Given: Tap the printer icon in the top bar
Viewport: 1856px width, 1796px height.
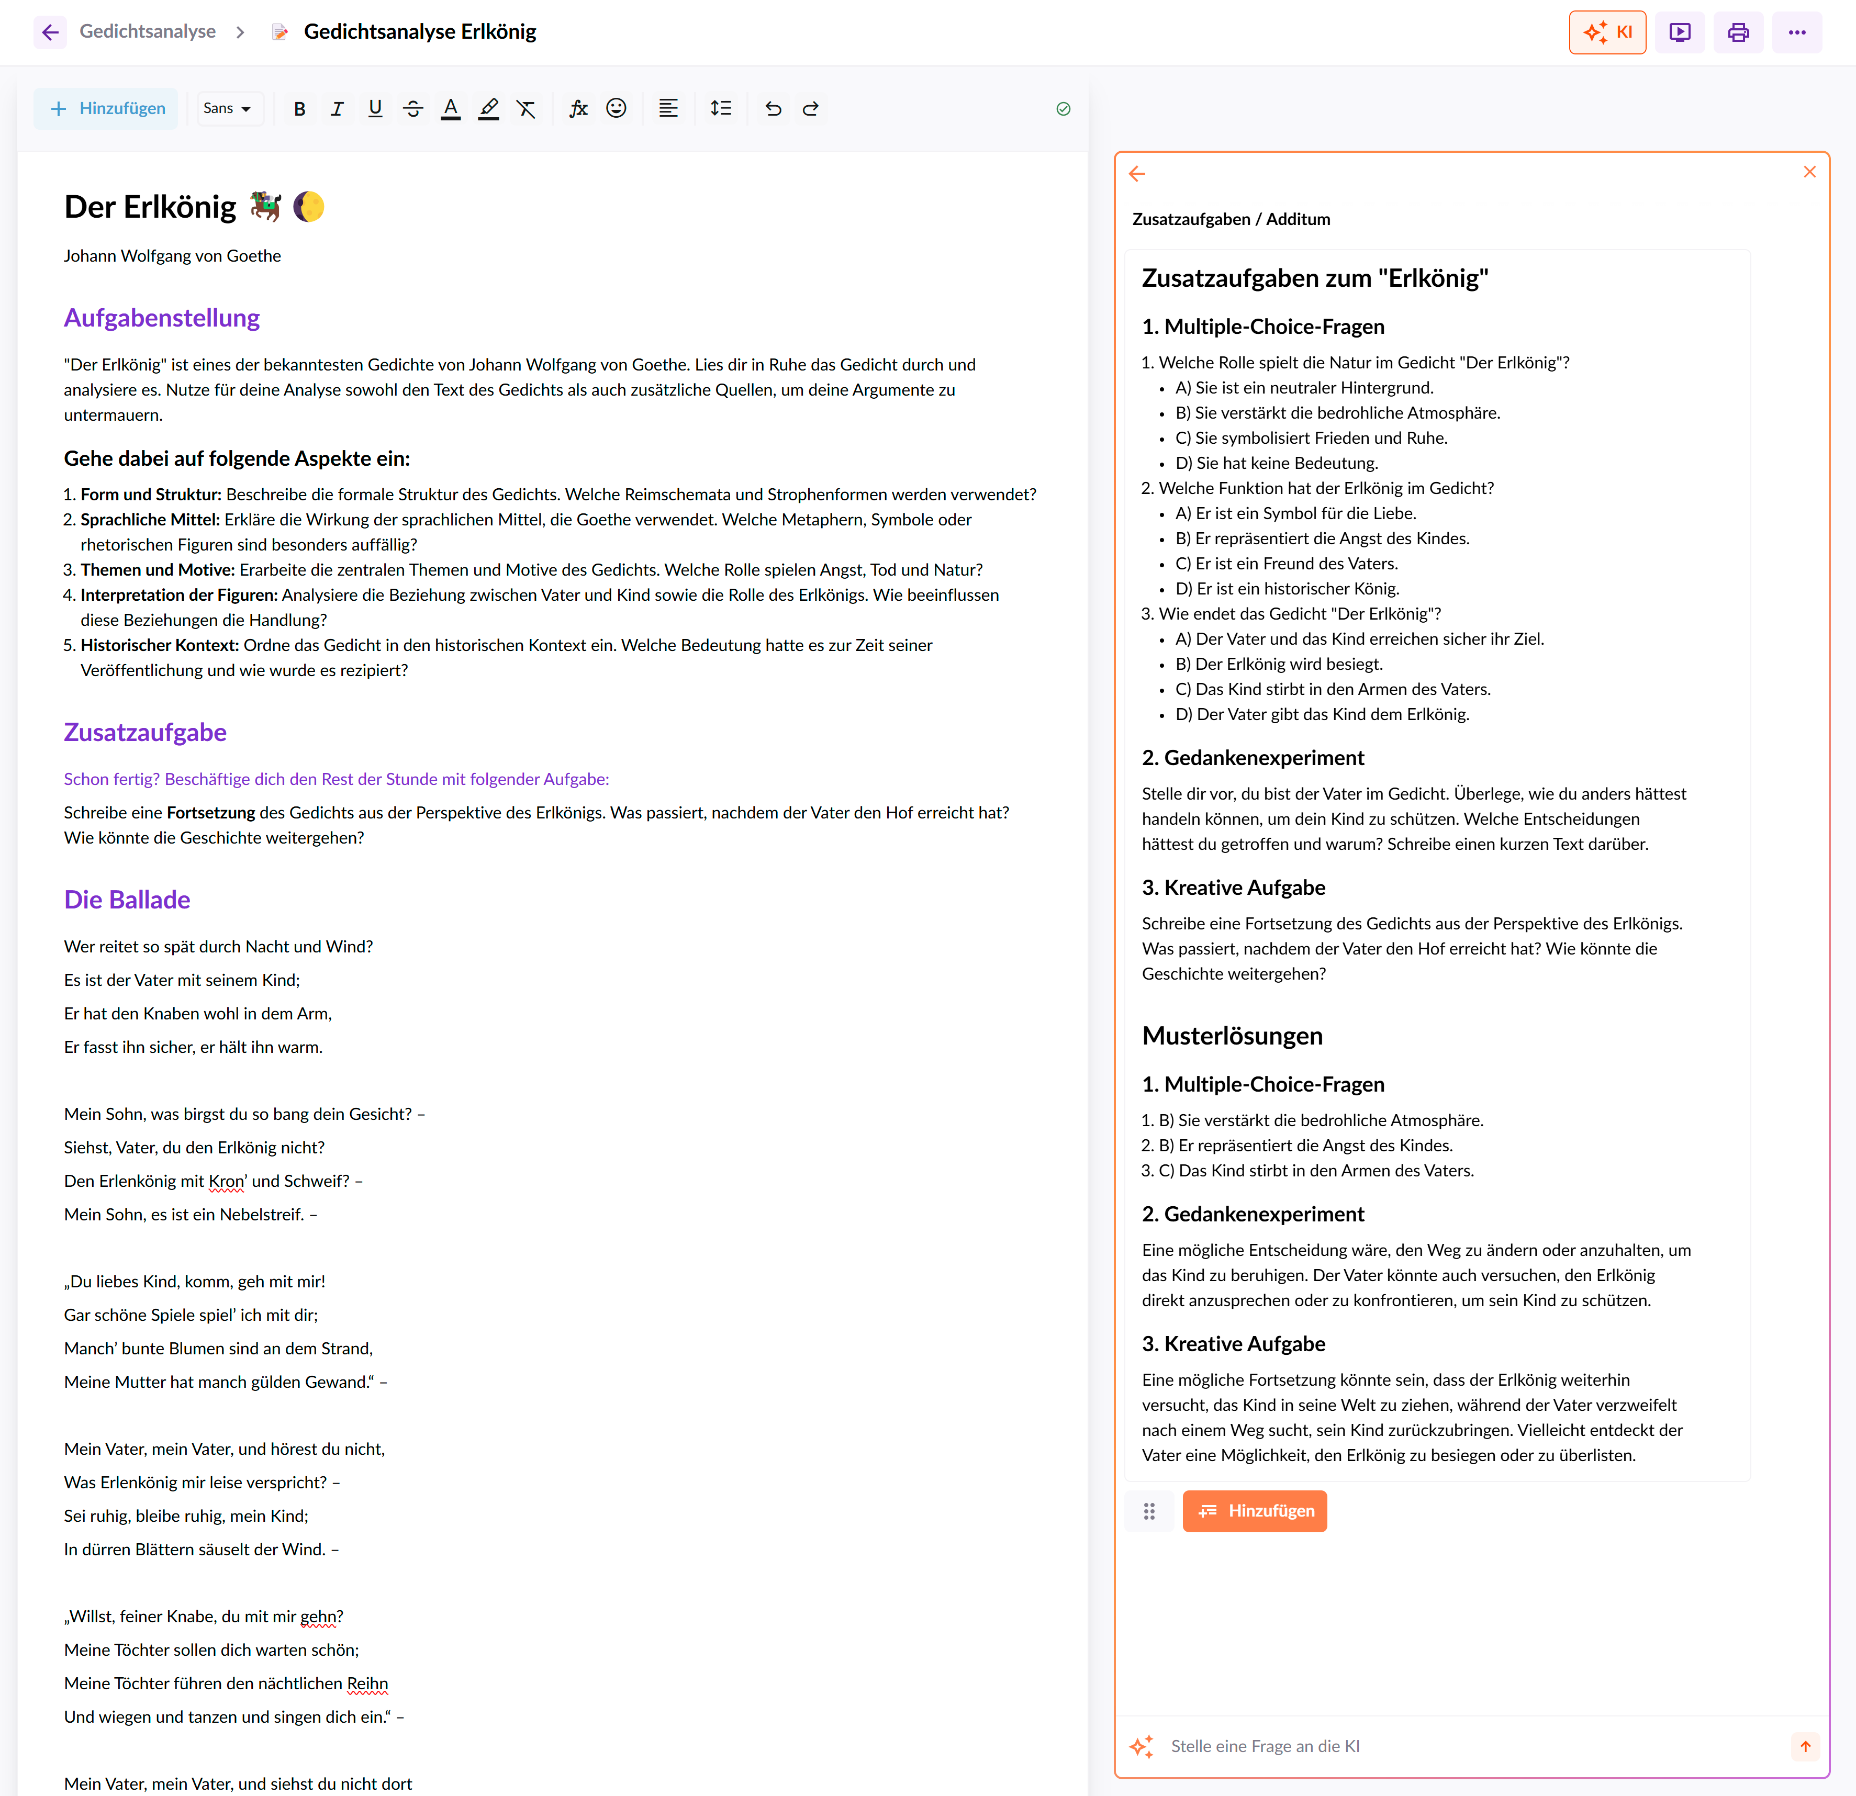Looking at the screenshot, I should tap(1738, 32).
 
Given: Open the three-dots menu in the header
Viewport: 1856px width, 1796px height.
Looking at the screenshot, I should tap(1796, 32).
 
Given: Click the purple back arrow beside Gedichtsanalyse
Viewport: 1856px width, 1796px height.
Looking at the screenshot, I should tap(50, 32).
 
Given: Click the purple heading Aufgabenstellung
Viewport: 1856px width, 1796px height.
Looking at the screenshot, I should tap(162, 318).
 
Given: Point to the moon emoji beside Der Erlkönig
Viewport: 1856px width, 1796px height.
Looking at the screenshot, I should tap(309, 206).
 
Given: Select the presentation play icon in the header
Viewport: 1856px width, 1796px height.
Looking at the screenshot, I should tap(1679, 32).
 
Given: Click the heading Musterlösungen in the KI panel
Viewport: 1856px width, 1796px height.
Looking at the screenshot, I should tap(1232, 1036).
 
